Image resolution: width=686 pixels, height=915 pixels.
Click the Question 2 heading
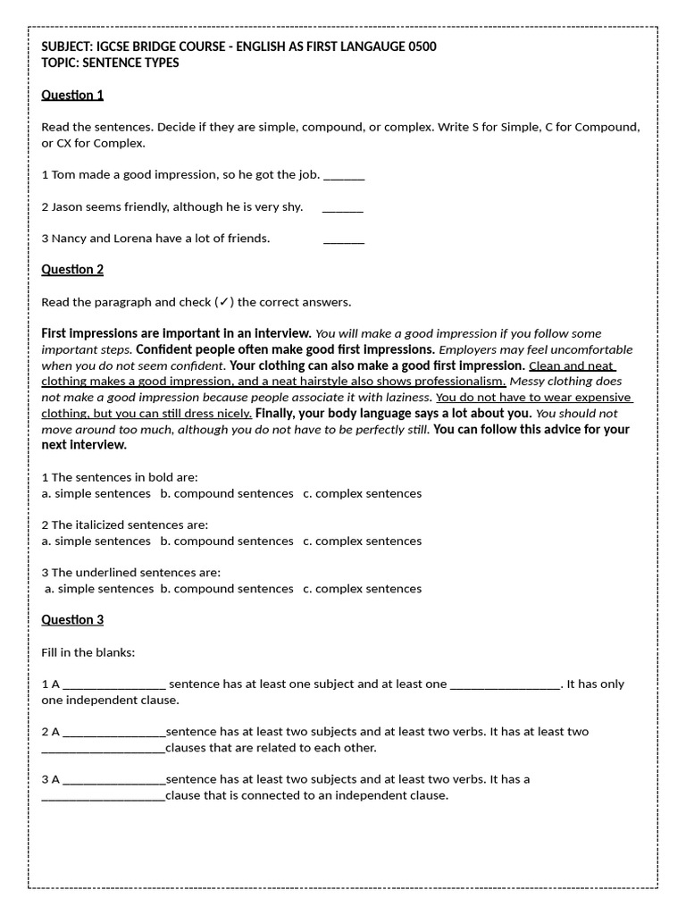click(x=72, y=269)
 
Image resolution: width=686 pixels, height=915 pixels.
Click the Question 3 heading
click(x=72, y=619)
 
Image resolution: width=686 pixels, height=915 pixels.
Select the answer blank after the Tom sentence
click(x=344, y=175)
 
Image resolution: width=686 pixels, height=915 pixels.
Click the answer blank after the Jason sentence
click(x=343, y=207)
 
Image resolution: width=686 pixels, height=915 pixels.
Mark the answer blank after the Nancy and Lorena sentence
click(x=344, y=239)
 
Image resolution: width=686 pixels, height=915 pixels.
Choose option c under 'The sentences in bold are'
click(x=362, y=493)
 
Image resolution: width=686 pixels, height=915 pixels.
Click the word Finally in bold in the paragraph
click(x=277, y=413)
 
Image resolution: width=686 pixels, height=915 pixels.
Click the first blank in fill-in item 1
click(x=114, y=684)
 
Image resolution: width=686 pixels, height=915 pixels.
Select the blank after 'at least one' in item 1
click(x=506, y=684)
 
